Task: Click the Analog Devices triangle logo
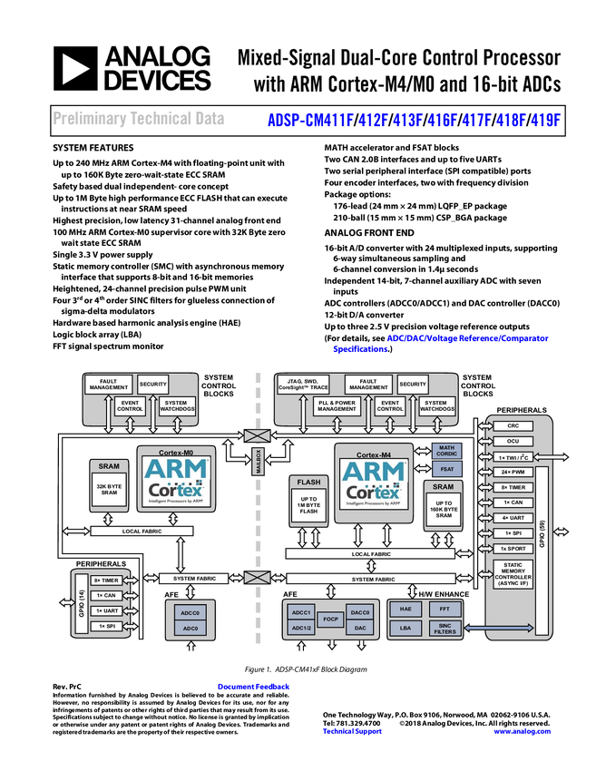click(x=76, y=68)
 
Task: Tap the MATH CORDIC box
click(x=445, y=451)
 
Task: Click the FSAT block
click(x=445, y=470)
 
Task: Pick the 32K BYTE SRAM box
click(x=109, y=491)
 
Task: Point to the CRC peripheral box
click(x=513, y=425)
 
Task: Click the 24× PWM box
click(x=513, y=472)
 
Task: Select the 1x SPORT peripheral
click(x=513, y=549)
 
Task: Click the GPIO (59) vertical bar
click(x=542, y=551)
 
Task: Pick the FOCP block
click(x=331, y=620)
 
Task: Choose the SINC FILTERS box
click(x=444, y=628)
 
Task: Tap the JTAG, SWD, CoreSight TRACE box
click(x=308, y=384)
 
